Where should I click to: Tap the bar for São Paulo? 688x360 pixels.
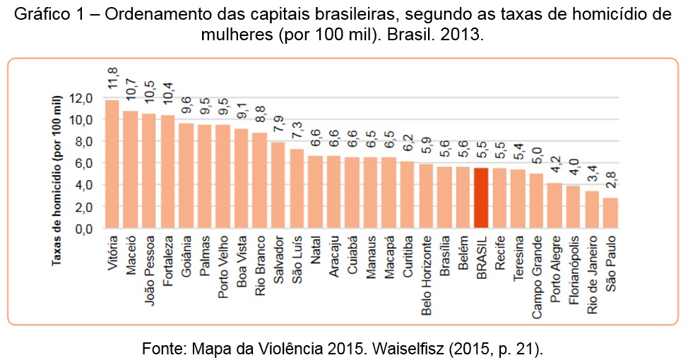point(610,212)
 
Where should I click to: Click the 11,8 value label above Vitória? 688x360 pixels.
point(112,78)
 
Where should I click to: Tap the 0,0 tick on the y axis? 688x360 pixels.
point(83,229)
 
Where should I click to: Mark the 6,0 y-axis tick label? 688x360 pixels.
point(83,164)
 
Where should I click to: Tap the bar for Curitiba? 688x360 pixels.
point(407,194)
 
